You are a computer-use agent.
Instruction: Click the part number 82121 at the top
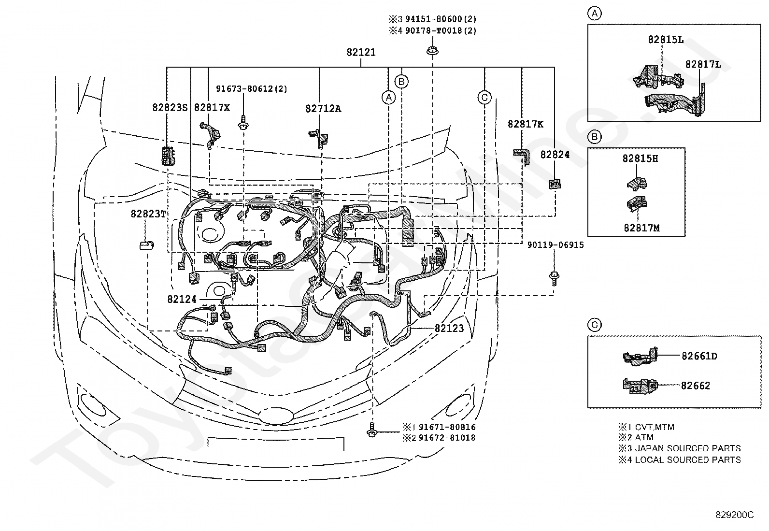point(361,53)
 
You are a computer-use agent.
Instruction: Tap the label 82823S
point(170,108)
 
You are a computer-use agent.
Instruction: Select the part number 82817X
point(212,108)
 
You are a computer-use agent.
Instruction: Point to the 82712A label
point(323,109)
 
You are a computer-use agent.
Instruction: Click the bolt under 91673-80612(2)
point(243,122)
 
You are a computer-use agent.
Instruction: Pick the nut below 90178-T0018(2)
point(432,51)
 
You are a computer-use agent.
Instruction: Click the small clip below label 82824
point(555,184)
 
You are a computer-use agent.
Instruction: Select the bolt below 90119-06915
point(554,278)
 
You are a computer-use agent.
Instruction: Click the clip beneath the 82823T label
point(146,245)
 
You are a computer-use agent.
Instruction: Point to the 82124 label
point(182,300)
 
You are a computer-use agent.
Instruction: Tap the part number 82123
point(449,329)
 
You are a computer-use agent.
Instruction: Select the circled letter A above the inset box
point(595,14)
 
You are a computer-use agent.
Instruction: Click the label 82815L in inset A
point(666,40)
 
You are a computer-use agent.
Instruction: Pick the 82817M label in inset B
point(641,228)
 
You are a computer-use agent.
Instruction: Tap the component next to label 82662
point(640,386)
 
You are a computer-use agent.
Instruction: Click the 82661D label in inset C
point(699,356)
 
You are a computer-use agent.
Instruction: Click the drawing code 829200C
point(735,515)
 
